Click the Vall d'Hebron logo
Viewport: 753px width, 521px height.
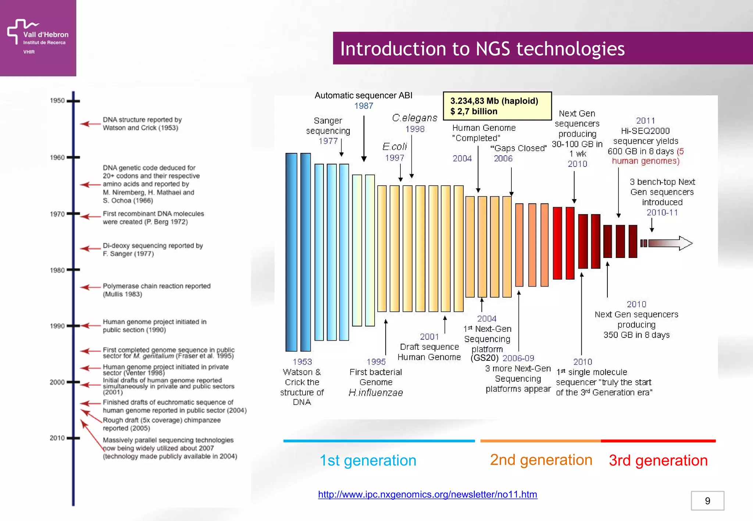(38, 37)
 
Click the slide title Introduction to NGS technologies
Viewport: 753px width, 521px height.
(482, 48)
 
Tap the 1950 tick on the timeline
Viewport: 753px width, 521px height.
(73, 101)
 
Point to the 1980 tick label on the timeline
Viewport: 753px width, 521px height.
(57, 270)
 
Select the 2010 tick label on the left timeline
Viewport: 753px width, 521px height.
(57, 438)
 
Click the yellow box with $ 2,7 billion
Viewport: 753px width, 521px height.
(497, 106)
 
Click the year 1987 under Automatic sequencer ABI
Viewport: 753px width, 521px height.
(363, 106)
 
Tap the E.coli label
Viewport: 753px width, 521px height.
(395, 147)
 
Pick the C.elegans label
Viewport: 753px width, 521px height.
(414, 118)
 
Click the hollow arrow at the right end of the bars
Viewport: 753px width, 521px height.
(670, 243)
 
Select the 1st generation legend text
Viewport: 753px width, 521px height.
(368, 460)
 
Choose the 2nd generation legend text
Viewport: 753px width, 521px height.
(541, 460)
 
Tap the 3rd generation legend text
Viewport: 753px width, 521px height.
(658, 460)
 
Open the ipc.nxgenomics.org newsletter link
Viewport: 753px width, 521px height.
(427, 494)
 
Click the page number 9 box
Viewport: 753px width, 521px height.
(707, 500)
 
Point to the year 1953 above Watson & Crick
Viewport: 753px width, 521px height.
(302, 362)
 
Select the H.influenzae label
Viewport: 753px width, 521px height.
(375, 392)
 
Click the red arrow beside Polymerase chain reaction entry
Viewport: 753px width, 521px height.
(90, 287)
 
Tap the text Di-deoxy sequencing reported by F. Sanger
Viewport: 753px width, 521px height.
(153, 249)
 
